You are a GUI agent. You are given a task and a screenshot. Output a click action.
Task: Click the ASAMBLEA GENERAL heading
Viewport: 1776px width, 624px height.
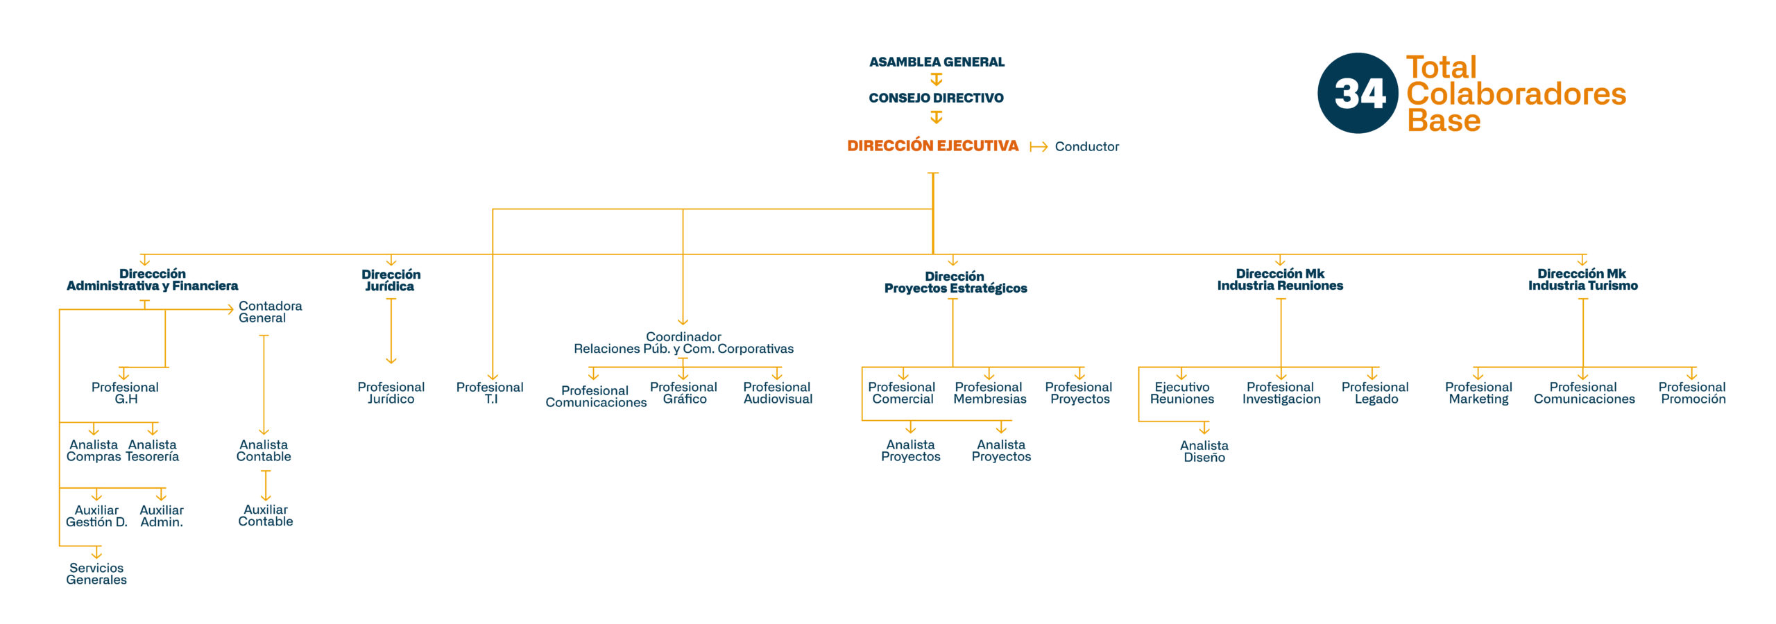coord(937,62)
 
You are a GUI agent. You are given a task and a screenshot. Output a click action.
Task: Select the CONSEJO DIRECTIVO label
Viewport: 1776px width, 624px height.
coord(936,98)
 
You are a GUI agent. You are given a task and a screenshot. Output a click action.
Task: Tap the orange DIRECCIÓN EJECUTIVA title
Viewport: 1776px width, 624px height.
coord(932,146)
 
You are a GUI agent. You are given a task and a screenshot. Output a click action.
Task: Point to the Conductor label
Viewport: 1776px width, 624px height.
coord(1086,146)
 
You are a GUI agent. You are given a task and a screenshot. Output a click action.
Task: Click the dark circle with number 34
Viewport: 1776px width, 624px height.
coord(1358,93)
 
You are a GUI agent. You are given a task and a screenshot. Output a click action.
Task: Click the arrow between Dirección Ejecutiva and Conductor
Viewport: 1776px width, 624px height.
coord(1038,146)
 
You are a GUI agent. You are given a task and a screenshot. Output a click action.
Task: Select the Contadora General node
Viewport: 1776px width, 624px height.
coord(270,311)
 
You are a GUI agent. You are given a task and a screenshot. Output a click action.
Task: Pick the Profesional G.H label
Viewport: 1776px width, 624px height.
coord(125,392)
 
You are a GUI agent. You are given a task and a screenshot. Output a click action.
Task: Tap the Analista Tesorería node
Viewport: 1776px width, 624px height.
coord(153,450)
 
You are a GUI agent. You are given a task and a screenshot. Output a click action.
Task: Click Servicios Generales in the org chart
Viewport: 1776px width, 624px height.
coord(96,573)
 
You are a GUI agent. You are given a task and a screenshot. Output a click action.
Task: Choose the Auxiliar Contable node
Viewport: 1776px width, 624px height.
coord(266,515)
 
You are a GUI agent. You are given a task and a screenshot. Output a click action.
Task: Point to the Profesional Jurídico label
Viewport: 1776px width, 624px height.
coord(391,392)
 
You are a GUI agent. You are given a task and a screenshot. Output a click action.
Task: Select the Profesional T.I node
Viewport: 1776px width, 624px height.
coord(490,392)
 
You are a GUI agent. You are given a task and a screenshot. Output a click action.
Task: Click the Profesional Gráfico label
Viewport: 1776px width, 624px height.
coord(683,392)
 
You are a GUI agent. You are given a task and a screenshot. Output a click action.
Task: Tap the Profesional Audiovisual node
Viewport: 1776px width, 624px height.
coord(777,392)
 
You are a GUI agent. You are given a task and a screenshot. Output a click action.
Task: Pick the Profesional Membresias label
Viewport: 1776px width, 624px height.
coord(989,392)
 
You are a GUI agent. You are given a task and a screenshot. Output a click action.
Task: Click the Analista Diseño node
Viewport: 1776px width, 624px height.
coord(1204,451)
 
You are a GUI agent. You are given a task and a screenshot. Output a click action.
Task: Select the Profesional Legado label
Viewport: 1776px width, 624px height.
coord(1375,392)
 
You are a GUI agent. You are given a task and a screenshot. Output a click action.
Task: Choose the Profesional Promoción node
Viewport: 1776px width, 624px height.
coord(1692,392)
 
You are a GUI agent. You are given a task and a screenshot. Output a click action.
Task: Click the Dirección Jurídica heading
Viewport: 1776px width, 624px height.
coord(391,280)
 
